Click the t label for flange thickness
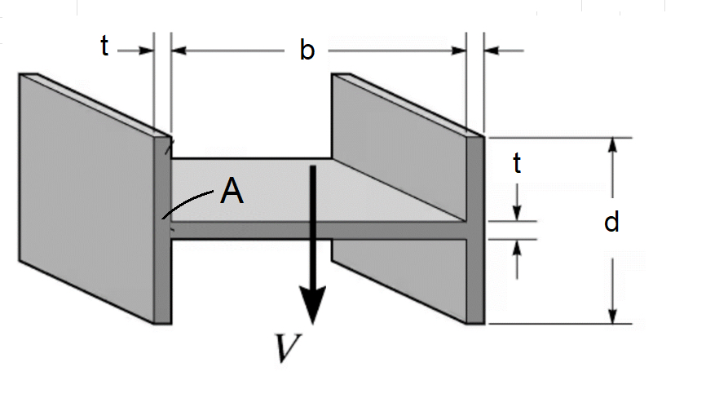[x=104, y=47]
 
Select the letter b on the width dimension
[x=307, y=51]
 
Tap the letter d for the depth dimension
[x=611, y=221]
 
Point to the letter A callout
[x=232, y=192]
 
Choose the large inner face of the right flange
[x=399, y=147]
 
